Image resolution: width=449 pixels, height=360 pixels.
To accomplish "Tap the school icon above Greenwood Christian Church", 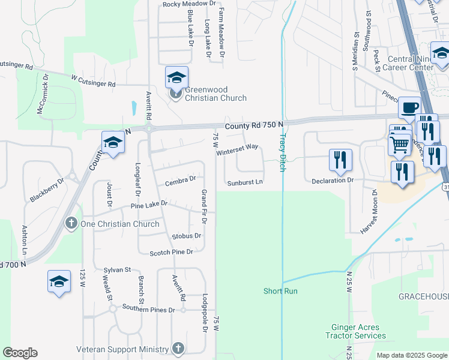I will coord(176,77).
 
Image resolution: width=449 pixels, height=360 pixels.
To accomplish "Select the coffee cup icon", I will coord(409,107).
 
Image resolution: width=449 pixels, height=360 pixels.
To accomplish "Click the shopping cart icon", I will coord(399,144).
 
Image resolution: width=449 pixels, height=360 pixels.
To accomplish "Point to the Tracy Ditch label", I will coord(280,152).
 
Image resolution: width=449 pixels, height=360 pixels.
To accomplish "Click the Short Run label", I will coord(280,291).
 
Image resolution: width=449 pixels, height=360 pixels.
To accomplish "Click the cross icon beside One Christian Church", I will coord(70,224).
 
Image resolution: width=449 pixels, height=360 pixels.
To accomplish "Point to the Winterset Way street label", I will coord(237,149).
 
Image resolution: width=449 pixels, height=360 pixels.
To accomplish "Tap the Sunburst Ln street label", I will coord(245,182).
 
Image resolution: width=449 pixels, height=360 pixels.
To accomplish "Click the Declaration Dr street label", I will coord(333,180).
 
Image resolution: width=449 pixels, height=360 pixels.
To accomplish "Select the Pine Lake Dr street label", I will coord(149,205).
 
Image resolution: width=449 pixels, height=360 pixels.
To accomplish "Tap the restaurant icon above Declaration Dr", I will coord(340,160).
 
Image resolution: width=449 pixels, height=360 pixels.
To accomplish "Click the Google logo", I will coord(20,353).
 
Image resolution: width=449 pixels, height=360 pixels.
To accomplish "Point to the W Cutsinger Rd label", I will coord(92,80).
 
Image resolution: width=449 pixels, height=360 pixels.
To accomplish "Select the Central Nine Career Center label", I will coord(411,63).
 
